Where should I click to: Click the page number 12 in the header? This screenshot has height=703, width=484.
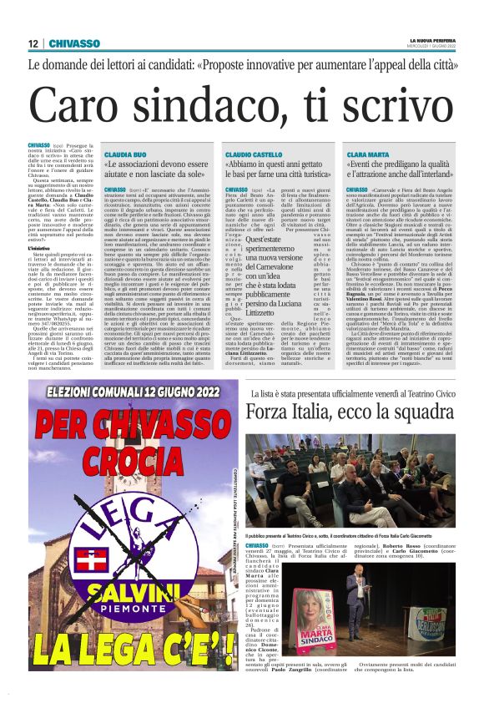click(33, 44)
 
